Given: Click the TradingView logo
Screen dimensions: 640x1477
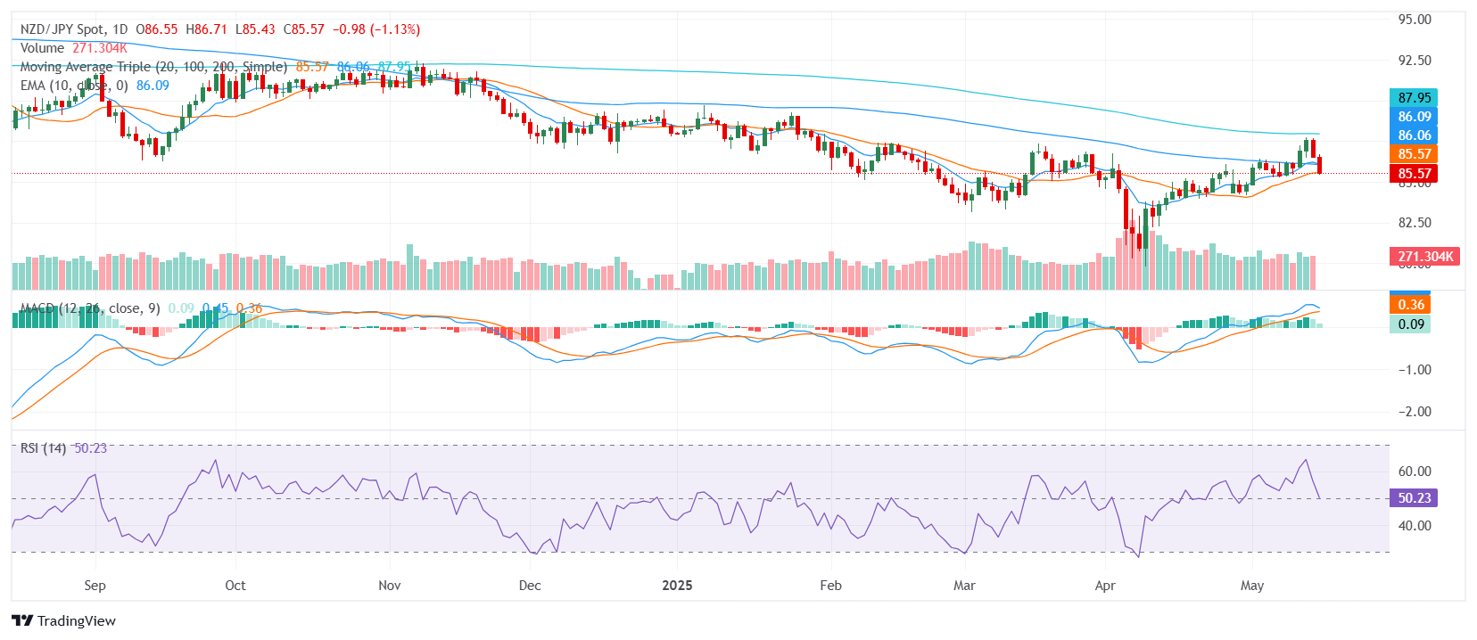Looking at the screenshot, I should tap(63, 620).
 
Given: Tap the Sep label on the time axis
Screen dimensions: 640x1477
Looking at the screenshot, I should tap(95, 586).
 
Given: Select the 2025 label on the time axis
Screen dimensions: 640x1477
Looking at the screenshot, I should tap(677, 586).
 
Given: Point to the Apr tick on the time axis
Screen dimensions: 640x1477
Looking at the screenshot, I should tap(1105, 586).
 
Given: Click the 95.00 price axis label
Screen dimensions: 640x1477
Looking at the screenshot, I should tap(1415, 20).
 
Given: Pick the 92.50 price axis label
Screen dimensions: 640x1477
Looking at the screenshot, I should tap(1415, 61).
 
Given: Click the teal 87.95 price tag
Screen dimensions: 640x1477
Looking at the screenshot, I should tap(1414, 98).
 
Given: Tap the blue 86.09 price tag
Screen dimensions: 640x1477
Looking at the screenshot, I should tap(1414, 117).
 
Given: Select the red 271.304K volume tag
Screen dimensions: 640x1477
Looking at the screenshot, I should tap(1424, 257).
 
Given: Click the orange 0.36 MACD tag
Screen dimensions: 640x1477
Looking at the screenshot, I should tap(1410, 305).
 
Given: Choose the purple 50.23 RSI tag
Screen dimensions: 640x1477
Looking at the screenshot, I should tap(1414, 498).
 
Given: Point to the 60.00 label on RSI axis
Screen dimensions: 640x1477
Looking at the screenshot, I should tap(1415, 472).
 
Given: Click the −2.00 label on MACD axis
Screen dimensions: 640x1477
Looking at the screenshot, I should tap(1414, 412).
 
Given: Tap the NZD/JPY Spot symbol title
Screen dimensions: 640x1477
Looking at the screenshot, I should tap(62, 29).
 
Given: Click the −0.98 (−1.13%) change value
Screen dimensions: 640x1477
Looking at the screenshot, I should tap(375, 29).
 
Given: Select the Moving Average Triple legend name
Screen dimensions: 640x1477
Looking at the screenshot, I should tap(86, 67).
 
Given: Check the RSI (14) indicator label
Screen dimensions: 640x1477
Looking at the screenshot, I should tap(43, 448).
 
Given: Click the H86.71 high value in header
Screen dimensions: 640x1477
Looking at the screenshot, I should tap(206, 29).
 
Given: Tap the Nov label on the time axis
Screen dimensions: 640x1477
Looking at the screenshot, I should tap(389, 586).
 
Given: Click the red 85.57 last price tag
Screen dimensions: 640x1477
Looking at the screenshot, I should tap(1414, 174).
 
